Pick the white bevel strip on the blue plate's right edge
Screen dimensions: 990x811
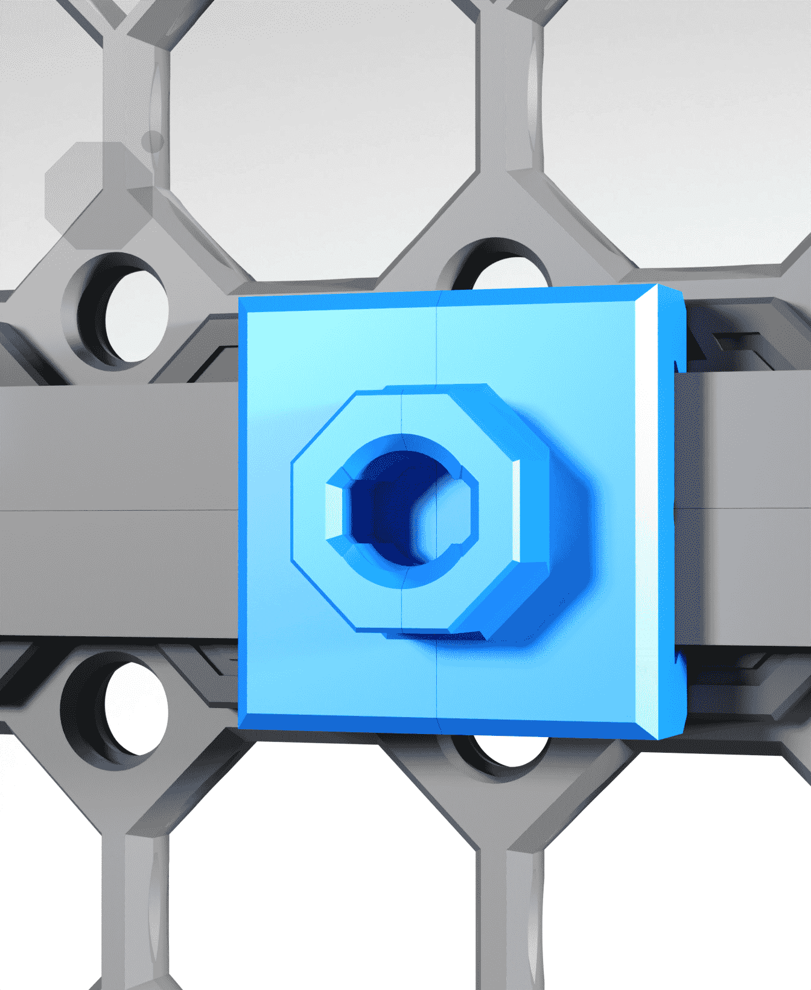coord(647,513)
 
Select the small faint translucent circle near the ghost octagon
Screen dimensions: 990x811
coord(153,141)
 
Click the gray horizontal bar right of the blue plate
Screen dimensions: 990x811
coord(748,510)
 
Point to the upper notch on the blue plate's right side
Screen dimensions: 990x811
coord(678,365)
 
